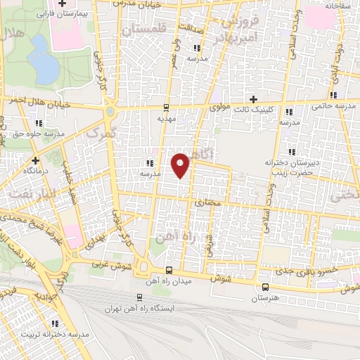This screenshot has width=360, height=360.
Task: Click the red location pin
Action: [x=181, y=165]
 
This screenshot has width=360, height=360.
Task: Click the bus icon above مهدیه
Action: [x=166, y=108]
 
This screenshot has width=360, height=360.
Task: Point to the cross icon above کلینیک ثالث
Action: [x=254, y=99]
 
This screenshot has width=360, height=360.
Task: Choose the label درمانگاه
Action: [x=37, y=170]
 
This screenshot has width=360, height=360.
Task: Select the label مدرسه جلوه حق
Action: [x=35, y=133]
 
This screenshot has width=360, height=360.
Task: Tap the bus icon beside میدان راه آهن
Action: [x=169, y=271]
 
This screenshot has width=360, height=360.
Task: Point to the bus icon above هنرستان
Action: [x=265, y=287]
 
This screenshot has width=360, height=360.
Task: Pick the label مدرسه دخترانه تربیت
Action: [x=55, y=335]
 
